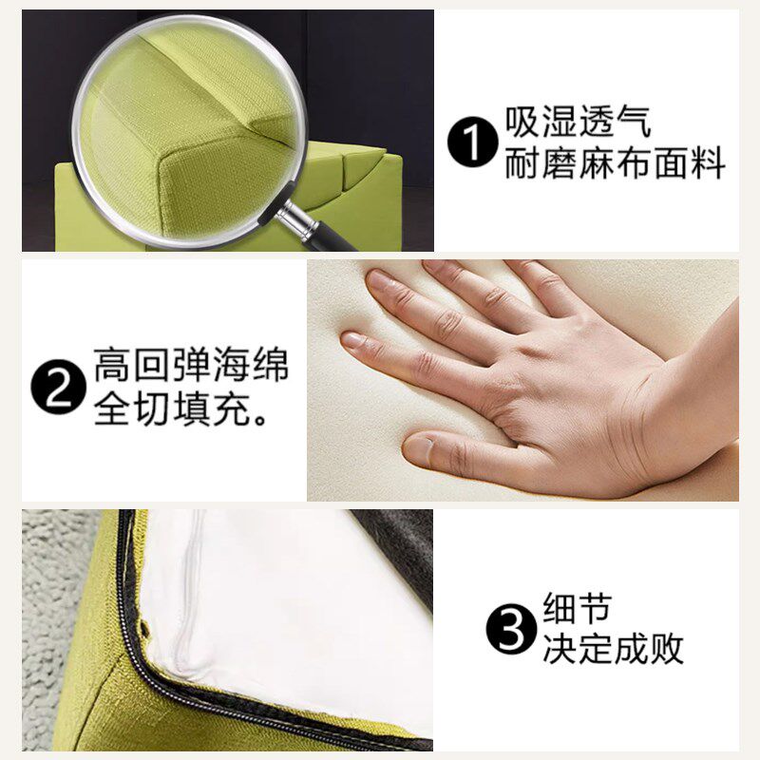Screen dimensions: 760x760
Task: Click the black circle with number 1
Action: [472, 143]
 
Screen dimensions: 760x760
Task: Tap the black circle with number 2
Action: [58, 387]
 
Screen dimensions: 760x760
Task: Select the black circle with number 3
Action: [512, 629]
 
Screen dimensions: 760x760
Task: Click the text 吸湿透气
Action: [578, 122]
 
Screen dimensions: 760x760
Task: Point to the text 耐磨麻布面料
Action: [615, 163]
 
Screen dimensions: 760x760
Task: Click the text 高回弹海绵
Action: [192, 365]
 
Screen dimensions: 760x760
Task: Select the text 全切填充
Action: [172, 409]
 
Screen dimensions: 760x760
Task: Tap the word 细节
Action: [577, 607]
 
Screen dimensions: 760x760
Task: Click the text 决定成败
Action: [613, 648]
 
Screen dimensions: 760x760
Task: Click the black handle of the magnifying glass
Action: [334, 237]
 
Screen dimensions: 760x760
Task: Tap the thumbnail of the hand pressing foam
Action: [523, 381]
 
